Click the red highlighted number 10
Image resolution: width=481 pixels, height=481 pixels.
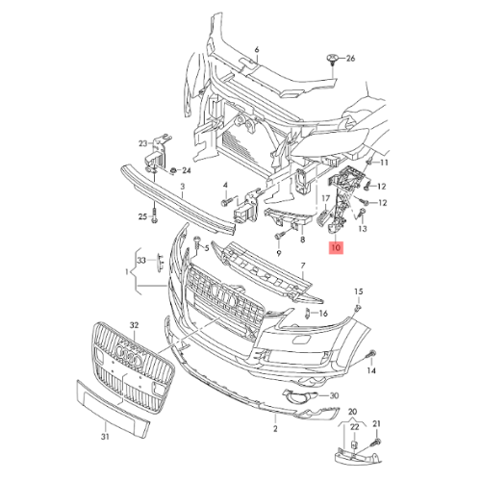336,247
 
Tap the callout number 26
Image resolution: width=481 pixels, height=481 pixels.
350,59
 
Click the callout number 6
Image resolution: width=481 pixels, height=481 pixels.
257,50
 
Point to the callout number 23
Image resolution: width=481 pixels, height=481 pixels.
143,143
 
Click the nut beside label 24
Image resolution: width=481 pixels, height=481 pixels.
173,170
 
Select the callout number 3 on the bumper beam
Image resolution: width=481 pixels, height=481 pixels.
183,187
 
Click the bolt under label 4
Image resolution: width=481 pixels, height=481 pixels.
226,202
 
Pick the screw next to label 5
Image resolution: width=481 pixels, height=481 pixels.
197,243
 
